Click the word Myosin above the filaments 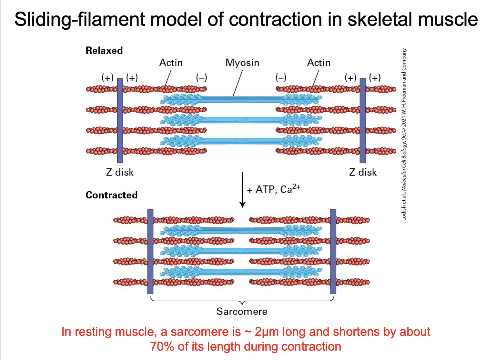pyautogui.click(x=242, y=63)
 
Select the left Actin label pyautogui.click(x=171, y=63)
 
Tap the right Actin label pyautogui.click(x=319, y=63)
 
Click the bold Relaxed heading pyautogui.click(x=104, y=51)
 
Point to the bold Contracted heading pyautogui.click(x=111, y=195)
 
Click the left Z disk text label pyautogui.click(x=120, y=172)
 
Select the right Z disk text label pyautogui.click(x=363, y=172)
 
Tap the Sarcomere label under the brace pyautogui.click(x=242, y=311)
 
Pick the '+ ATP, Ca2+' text pyautogui.click(x=274, y=189)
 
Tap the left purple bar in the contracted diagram pyautogui.click(x=150, y=252)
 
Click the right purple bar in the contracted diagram pyautogui.click(x=333, y=252)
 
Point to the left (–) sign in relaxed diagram pyautogui.click(x=201, y=78)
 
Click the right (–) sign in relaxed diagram pyautogui.click(x=281, y=78)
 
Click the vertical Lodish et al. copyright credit pyautogui.click(x=404, y=135)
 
